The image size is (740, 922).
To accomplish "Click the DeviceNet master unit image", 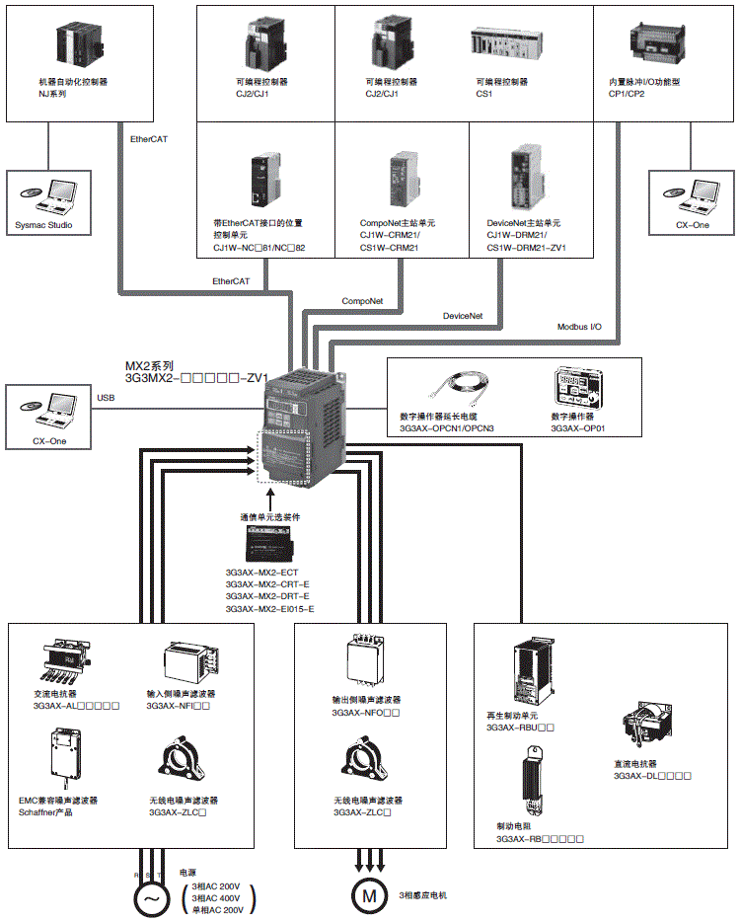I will point(527,178).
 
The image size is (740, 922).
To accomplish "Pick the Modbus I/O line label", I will point(579,326).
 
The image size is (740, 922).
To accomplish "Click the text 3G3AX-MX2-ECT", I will point(261,572).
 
